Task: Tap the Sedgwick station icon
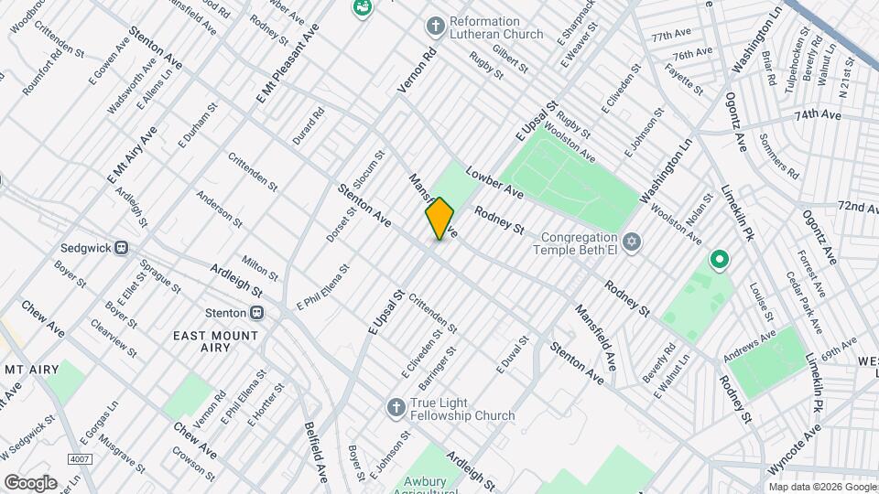[120, 248]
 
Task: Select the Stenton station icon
[258, 312]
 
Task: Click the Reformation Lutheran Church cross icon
[436, 25]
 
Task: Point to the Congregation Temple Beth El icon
[629, 242]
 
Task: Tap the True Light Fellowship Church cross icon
[396, 407]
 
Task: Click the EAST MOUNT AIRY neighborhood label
[216, 336]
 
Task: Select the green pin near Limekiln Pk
[720, 261]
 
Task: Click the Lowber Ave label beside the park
[494, 182]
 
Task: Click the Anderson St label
[219, 209]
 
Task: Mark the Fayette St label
[684, 80]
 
